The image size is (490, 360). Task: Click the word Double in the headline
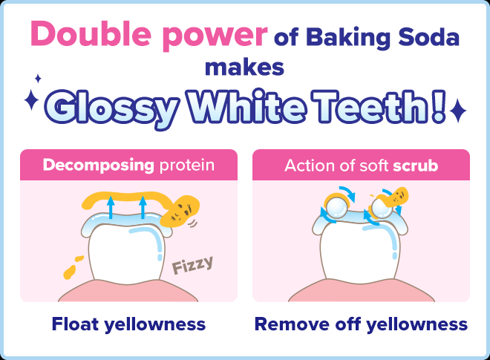82,36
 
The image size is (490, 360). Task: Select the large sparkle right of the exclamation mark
458,111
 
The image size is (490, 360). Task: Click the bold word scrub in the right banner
415,164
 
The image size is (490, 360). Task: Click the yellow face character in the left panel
177,212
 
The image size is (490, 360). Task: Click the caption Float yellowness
128,324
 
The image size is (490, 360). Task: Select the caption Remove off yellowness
361,324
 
